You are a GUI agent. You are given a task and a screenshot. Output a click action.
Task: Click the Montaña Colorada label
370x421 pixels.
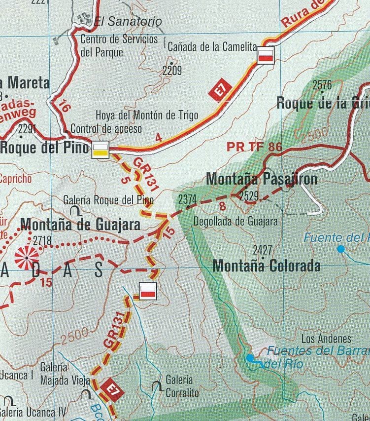tap(266, 266)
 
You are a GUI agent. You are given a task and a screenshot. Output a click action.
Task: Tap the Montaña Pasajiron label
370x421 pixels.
tap(261, 179)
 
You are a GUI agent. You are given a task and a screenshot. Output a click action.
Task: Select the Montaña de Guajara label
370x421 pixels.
tap(80, 225)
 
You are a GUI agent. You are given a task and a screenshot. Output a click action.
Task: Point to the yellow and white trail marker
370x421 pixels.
tap(101, 150)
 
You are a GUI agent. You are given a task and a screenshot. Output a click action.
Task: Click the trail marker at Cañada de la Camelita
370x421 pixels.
tap(266, 56)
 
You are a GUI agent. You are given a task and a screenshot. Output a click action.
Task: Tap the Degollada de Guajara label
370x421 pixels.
tap(235, 221)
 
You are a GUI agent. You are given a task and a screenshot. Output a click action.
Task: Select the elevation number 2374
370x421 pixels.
tap(187, 199)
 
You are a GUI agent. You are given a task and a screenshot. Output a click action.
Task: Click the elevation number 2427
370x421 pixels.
tap(262, 249)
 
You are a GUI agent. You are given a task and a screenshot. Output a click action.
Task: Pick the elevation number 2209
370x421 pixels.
tap(172, 71)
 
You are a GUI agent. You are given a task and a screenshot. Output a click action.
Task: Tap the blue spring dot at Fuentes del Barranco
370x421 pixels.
tap(250, 357)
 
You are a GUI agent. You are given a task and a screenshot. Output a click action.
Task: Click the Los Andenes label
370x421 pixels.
tap(326, 339)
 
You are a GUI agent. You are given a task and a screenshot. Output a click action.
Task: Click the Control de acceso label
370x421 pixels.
tap(106, 129)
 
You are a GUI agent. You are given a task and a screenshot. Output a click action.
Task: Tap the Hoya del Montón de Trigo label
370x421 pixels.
tap(147, 115)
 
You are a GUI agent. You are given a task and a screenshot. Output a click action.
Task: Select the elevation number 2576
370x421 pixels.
tap(322, 85)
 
